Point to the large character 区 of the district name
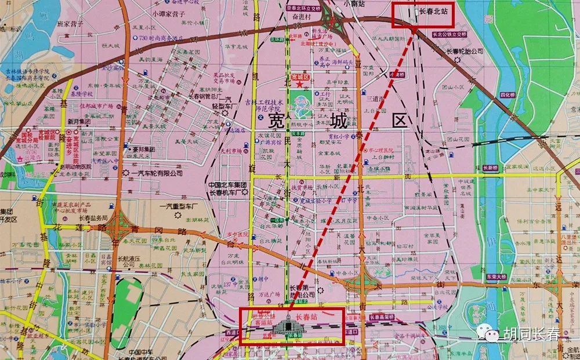point(400,121)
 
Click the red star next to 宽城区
point(299,84)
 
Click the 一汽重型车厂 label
point(179,206)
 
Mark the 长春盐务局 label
point(93,218)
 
